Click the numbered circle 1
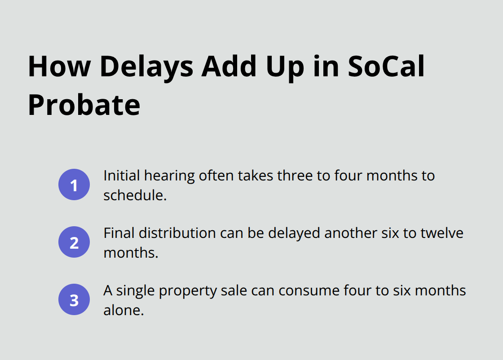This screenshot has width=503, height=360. coord(74,184)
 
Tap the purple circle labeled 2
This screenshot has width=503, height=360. coord(74,242)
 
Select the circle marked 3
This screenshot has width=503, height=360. coord(74,300)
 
